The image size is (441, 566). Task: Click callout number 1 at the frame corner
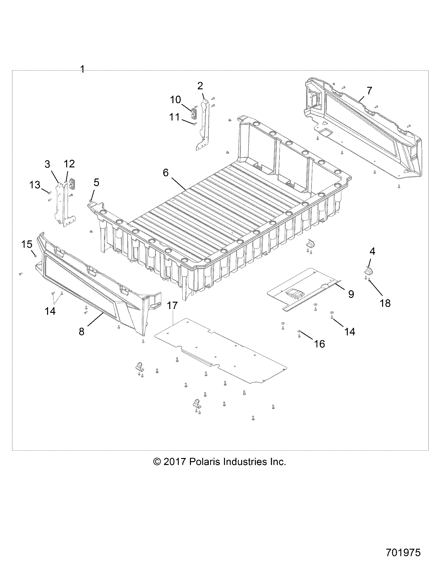coord(82,69)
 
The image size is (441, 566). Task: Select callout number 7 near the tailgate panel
coord(369,91)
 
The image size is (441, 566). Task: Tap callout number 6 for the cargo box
coord(165,173)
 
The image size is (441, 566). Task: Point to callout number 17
coord(172,306)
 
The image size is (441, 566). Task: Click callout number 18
coord(385,303)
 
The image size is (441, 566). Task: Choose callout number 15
coord(27,244)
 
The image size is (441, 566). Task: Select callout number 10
coord(175,100)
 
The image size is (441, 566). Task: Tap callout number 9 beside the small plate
coord(351,294)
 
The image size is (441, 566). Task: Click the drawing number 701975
coord(403,552)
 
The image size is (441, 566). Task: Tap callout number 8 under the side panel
coord(81,332)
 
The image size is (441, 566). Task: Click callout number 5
coord(96,182)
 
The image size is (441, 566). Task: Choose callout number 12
coord(69,164)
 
